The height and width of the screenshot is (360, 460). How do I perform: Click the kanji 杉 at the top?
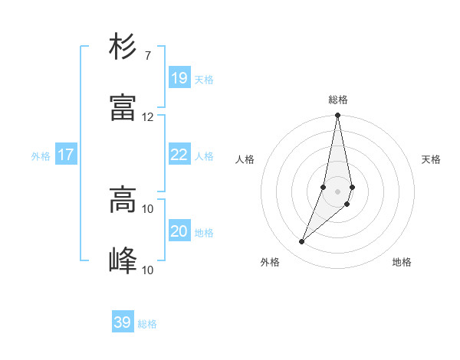123,47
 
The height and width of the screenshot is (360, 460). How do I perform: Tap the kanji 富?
123,108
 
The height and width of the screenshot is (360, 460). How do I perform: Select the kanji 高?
123,200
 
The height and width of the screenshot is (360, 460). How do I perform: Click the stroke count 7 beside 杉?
147,55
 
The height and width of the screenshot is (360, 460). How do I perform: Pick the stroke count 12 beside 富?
147,116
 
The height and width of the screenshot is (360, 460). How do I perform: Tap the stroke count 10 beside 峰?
147,270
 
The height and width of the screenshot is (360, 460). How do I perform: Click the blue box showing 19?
179,77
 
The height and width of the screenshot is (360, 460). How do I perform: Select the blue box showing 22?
179,154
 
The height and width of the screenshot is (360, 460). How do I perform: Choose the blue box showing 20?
179,231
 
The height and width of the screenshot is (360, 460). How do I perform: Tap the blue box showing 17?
65,154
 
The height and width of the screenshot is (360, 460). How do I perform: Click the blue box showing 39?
122,322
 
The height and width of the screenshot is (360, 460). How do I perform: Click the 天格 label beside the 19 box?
204,80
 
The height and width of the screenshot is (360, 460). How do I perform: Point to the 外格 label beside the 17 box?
41,156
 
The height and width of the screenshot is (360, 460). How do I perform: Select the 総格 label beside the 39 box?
147,325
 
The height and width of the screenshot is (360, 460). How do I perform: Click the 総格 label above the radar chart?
338,100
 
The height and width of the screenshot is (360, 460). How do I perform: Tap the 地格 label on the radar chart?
402,262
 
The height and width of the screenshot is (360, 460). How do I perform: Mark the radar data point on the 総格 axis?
337,116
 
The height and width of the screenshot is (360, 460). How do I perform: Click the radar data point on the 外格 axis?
302,242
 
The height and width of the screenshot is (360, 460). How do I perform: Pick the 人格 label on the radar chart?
245,159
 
